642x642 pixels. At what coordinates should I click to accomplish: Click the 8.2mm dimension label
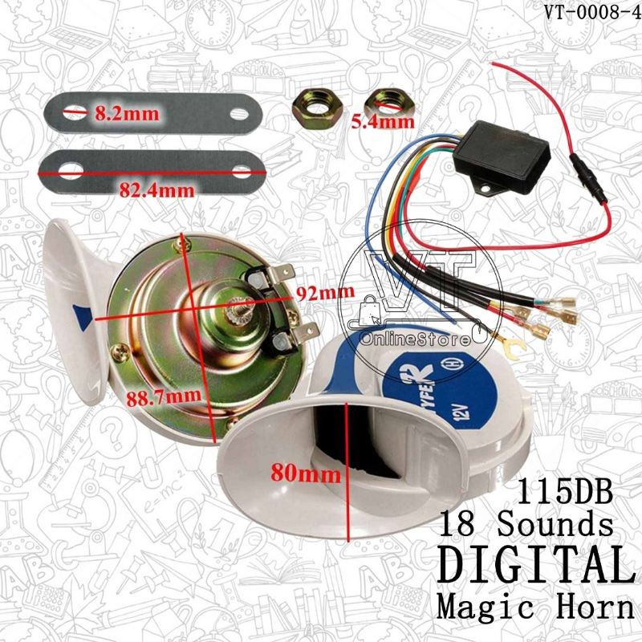(128, 113)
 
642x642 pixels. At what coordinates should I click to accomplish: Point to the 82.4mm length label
(156, 190)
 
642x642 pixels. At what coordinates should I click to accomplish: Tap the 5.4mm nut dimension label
(383, 122)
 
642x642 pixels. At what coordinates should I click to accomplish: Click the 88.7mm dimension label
(164, 396)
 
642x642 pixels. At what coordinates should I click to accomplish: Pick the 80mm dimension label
(306, 474)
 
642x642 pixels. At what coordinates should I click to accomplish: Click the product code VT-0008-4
(592, 12)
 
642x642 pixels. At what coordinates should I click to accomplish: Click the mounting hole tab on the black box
(486, 188)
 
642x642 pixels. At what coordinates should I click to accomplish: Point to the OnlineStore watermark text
(415, 339)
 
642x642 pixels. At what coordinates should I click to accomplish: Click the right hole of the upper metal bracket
(239, 113)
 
